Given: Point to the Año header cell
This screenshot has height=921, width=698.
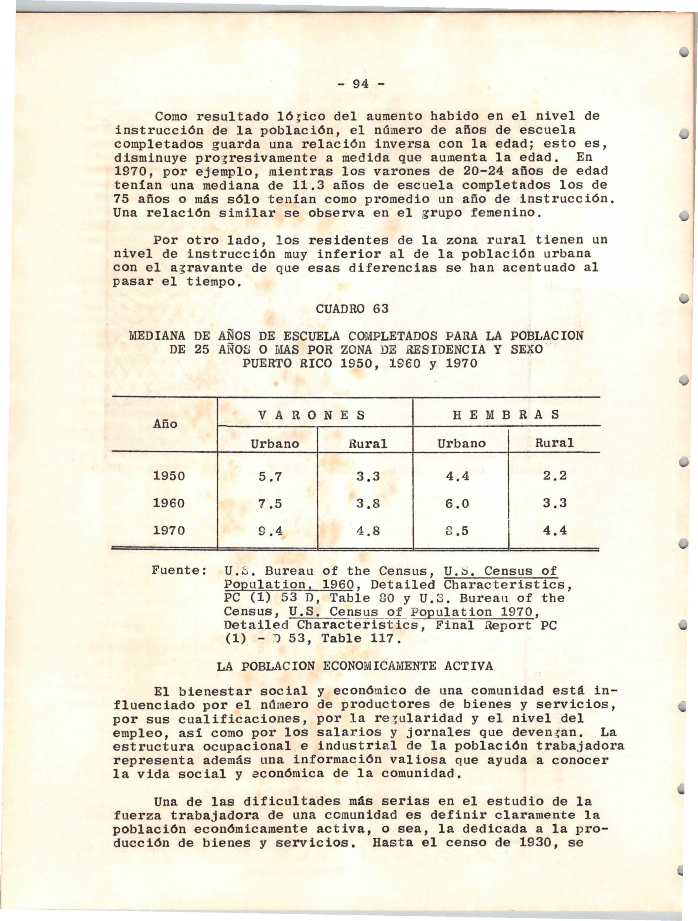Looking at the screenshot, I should point(165,424).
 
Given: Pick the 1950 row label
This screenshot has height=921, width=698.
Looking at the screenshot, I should point(169,476).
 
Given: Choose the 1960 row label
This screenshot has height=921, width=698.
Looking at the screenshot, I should point(169,503).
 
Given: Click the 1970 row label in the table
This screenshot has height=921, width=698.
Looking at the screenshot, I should point(169,530).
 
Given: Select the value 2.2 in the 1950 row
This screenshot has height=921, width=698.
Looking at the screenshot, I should point(555,476).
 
